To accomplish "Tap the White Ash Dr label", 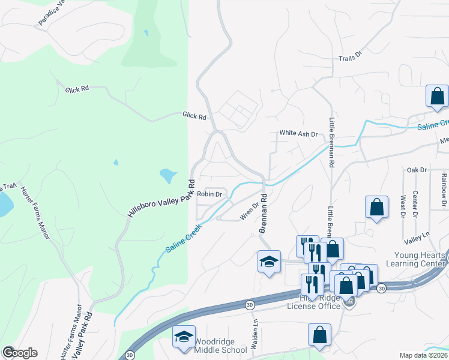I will pyautogui.click(x=298, y=134).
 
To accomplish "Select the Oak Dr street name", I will pyautogui.click(x=416, y=170).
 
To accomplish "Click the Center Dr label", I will pyautogui.click(x=415, y=205).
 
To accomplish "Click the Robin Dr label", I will pyautogui.click(x=210, y=194).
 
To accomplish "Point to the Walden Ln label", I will pyautogui.click(x=255, y=328).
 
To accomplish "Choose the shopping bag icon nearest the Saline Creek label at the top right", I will pyautogui.click(x=437, y=95).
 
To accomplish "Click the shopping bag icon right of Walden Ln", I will pyautogui.click(x=320, y=334).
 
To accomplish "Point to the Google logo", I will pyautogui.click(x=20, y=352).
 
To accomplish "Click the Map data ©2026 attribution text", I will pyautogui.click(x=424, y=355).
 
